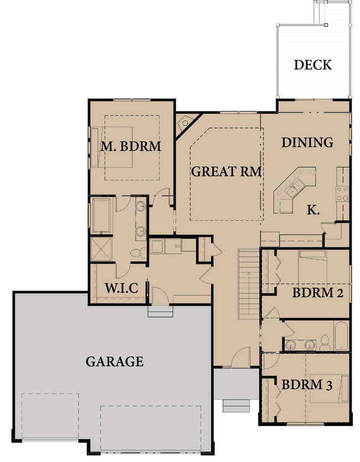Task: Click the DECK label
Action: pos(312,64)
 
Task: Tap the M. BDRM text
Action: pos(131,147)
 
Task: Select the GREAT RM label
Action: pos(226,172)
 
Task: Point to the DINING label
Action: pos(307,142)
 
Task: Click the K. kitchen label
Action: pos(313,210)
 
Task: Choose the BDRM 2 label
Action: pos(317,293)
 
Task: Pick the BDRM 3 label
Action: pos(306,385)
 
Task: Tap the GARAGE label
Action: pos(114,362)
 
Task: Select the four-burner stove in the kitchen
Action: pos(342,193)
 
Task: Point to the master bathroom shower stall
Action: pos(102,249)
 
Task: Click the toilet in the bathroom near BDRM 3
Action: pos(325,342)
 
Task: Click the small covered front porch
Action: pos(236,383)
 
